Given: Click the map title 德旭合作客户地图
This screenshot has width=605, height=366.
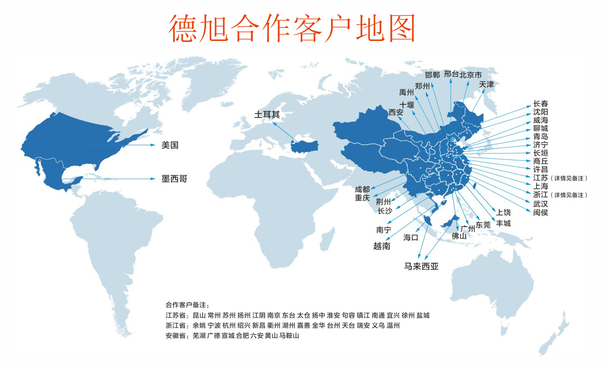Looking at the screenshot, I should coord(292,28).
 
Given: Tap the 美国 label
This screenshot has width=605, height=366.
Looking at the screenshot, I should coord(170,145).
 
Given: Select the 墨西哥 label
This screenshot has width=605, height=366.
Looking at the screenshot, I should coord(174,179).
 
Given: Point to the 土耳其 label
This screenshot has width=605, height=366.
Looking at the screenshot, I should coord(267,115).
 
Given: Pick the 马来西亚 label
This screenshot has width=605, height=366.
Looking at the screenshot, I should coord(421,266).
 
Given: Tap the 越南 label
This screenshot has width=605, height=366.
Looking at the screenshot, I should coord(382,246).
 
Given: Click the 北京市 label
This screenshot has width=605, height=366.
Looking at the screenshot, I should coord(470,75).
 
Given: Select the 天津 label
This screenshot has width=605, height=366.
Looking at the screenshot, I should coord(486,84).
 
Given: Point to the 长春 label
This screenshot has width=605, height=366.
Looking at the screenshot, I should coord(541,104).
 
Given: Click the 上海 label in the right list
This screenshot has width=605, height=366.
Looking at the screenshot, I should coord(541,186).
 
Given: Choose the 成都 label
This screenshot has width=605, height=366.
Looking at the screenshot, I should coord(362,189).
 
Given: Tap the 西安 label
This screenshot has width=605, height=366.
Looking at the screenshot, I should coord(396,112).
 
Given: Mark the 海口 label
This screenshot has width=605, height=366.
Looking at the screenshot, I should coord(411,237).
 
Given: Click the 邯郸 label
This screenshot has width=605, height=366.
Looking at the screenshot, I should coord(432,75).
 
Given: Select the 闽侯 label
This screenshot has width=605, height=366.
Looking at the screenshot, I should coord(541,212).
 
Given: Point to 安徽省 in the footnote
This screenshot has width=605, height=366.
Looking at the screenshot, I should coord(176,336).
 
